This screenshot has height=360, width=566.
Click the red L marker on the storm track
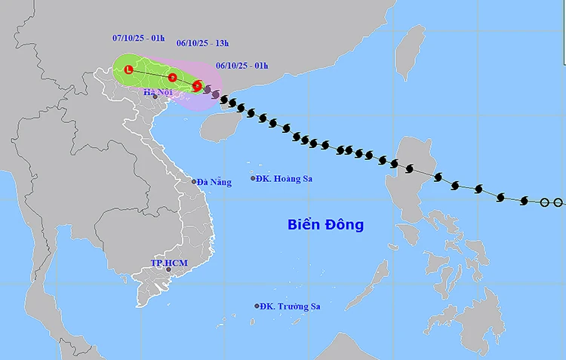point(128,70)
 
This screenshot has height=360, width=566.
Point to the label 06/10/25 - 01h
point(241,66)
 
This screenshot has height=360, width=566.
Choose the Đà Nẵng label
point(215,181)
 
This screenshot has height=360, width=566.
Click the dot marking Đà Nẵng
point(195,181)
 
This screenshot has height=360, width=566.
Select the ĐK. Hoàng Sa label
point(285,179)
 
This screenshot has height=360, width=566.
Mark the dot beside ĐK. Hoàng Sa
point(253,179)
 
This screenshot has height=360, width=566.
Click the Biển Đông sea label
point(325,224)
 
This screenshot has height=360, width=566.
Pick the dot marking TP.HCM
point(169,269)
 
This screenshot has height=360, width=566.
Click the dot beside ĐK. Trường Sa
point(257,306)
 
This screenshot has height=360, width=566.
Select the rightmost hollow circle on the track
point(558,202)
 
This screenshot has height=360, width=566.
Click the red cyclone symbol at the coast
point(197,86)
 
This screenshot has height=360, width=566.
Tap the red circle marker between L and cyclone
point(173,77)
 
